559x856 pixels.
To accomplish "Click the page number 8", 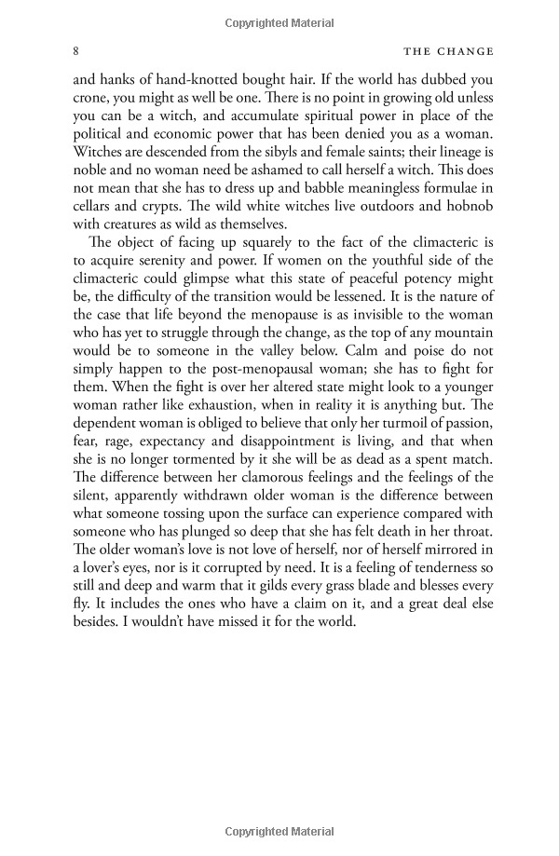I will click(76, 50).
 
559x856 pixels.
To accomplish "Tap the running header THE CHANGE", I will click(443, 50).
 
